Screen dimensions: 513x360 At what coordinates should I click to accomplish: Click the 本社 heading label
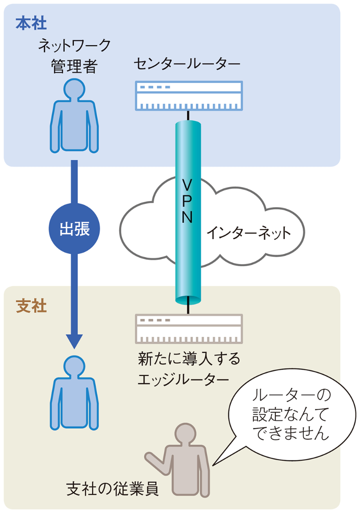(31, 23)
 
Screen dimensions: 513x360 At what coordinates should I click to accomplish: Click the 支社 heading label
(31, 306)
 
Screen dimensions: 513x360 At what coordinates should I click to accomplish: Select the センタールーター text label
(187, 64)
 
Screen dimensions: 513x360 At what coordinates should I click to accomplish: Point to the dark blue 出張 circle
(74, 229)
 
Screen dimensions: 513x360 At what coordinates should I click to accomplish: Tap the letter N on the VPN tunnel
(188, 218)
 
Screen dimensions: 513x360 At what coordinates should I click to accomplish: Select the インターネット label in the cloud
(248, 233)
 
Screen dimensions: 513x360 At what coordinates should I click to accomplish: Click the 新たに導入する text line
(189, 360)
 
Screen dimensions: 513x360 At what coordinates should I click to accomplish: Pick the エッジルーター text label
(183, 379)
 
